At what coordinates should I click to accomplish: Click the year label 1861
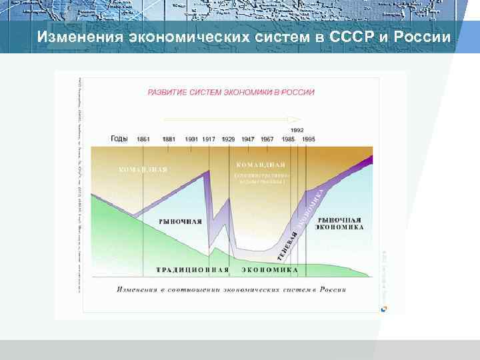click(x=143, y=139)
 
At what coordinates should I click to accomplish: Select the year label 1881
click(x=169, y=139)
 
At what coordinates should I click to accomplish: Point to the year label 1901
click(x=192, y=139)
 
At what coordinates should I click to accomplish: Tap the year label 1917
click(x=209, y=139)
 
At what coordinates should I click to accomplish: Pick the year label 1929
click(x=228, y=139)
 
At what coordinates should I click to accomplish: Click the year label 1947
click(x=248, y=139)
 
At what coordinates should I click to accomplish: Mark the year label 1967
click(x=267, y=139)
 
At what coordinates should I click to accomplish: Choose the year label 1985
click(x=288, y=139)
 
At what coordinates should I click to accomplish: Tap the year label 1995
click(x=308, y=139)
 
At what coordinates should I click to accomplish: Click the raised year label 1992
click(x=297, y=130)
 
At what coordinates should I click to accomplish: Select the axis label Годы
click(x=120, y=139)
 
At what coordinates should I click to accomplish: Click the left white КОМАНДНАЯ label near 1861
click(x=143, y=169)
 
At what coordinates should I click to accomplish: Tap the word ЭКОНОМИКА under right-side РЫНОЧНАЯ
click(x=340, y=227)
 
